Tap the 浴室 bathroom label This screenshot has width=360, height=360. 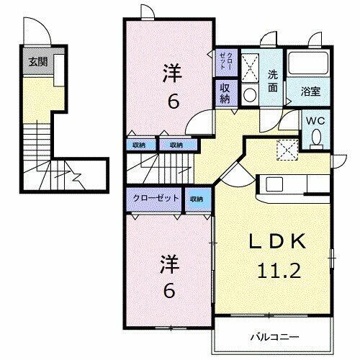pyautogui.click(x=311, y=91)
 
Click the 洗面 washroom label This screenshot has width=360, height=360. pyautogui.click(x=273, y=80)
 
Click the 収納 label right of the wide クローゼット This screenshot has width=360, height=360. pyautogui.click(x=196, y=198)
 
